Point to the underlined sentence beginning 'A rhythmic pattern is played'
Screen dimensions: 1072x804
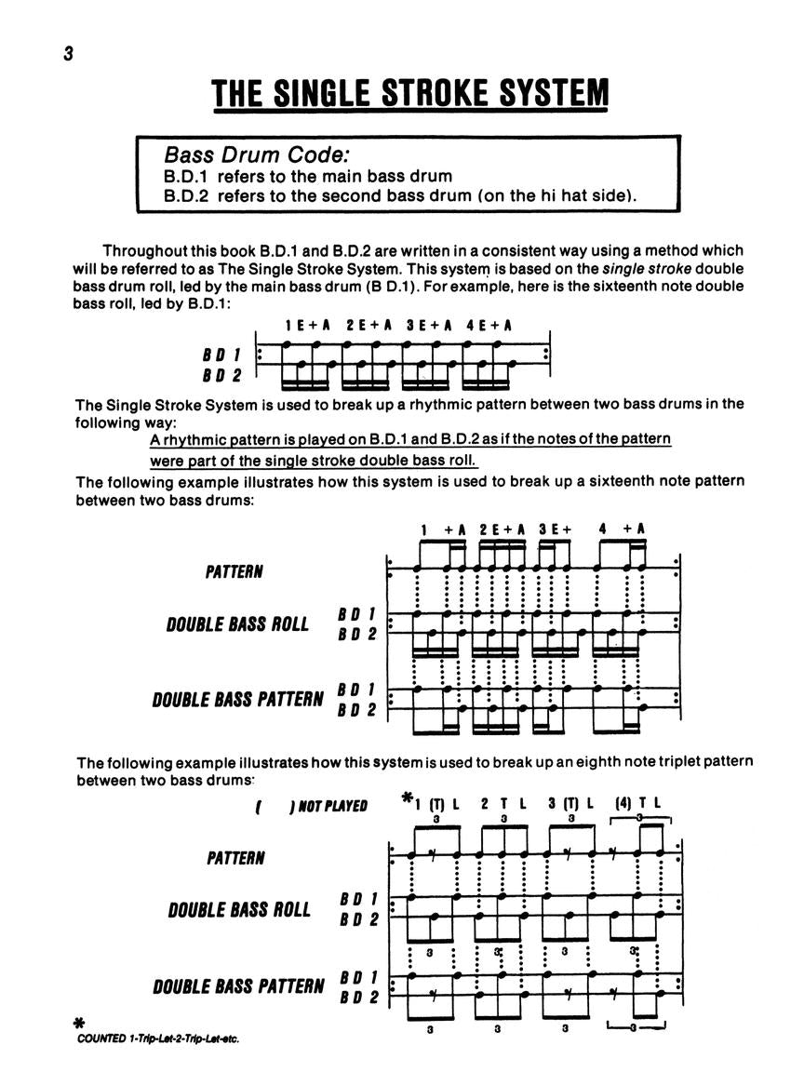point(410,438)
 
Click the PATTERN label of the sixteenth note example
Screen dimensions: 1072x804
point(234,571)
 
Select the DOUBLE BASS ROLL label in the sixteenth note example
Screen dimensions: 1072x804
point(237,624)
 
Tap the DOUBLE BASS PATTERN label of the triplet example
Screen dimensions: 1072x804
point(238,986)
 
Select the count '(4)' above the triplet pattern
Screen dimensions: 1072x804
point(623,802)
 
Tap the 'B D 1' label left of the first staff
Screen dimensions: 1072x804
point(222,355)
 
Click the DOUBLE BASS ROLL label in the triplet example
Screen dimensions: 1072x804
point(239,909)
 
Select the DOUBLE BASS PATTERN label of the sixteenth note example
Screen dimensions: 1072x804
point(237,698)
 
